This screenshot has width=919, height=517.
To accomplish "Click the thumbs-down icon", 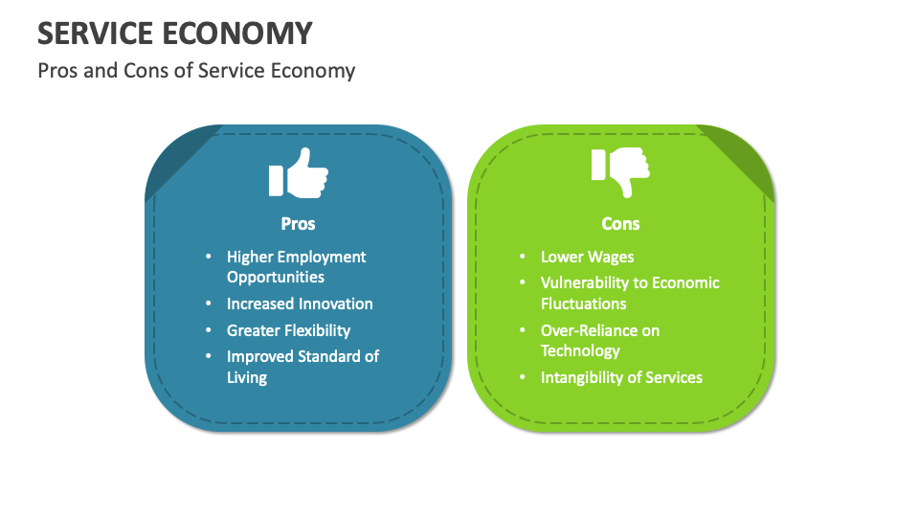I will point(619,172).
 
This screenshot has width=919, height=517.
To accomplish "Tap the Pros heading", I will point(298,223).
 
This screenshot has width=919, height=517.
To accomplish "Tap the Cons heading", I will point(620,223).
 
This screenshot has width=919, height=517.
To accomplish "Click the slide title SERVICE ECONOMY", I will point(175,34).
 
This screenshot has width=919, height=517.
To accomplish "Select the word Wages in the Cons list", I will point(611,257).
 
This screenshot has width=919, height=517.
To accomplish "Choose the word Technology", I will point(580,350).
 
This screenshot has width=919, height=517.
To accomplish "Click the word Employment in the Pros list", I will point(322,257).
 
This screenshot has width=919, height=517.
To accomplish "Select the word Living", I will point(247,377).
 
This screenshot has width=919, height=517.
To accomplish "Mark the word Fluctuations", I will point(583,303).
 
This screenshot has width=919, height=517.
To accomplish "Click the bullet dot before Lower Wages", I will point(523,257).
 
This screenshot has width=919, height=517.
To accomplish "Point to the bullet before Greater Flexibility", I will point(209,330).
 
